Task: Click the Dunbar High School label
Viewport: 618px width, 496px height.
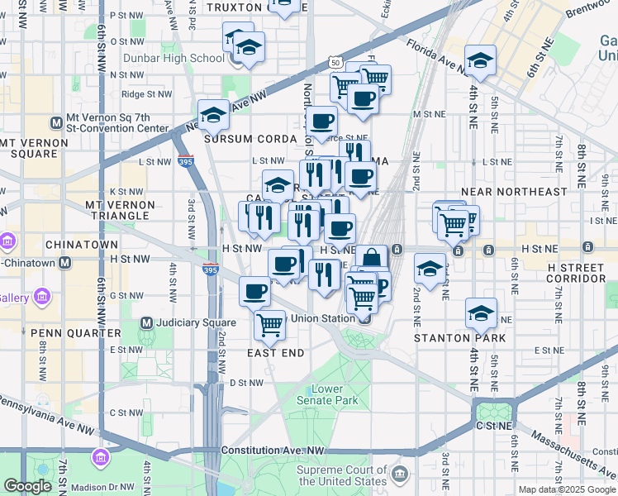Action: click(x=174, y=58)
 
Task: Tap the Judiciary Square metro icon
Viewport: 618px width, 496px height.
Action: click(x=147, y=322)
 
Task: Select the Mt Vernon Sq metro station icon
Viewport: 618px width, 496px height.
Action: click(x=56, y=123)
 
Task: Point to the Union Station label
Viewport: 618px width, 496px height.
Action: click(x=325, y=318)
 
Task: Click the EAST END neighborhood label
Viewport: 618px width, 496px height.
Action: click(x=276, y=353)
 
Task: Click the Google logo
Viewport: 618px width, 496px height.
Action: click(x=27, y=486)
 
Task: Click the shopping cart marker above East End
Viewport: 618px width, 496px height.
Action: click(x=269, y=324)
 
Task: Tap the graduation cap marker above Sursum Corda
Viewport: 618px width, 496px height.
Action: click(x=213, y=115)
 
